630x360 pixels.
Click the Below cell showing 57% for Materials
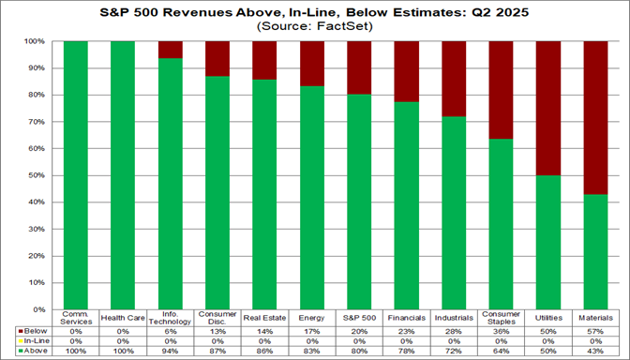click(x=595, y=330)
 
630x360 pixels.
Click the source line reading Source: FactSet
click(x=314, y=28)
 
